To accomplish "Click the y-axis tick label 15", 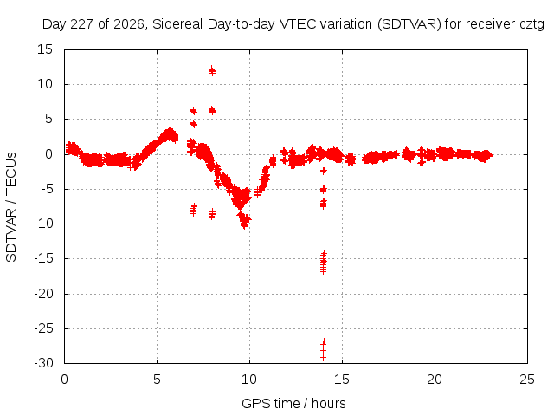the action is point(45,49).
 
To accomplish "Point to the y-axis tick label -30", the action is point(43,363).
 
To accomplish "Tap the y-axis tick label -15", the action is point(43,258).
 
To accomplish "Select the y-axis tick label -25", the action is point(43,328).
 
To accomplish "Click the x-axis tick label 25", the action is point(527,380).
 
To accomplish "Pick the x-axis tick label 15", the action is point(342,380).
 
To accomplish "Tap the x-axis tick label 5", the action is point(157,380).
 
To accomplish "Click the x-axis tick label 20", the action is point(435,380).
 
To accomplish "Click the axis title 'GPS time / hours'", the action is point(293,403).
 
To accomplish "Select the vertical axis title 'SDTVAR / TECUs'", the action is point(11,207).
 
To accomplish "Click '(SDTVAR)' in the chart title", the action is point(409,24).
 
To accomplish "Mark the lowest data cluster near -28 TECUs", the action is point(323,348).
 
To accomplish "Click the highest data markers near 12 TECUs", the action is point(211,70).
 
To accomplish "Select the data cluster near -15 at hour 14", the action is point(323,263).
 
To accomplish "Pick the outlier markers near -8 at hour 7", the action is point(194,210).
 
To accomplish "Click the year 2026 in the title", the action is point(129,24).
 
